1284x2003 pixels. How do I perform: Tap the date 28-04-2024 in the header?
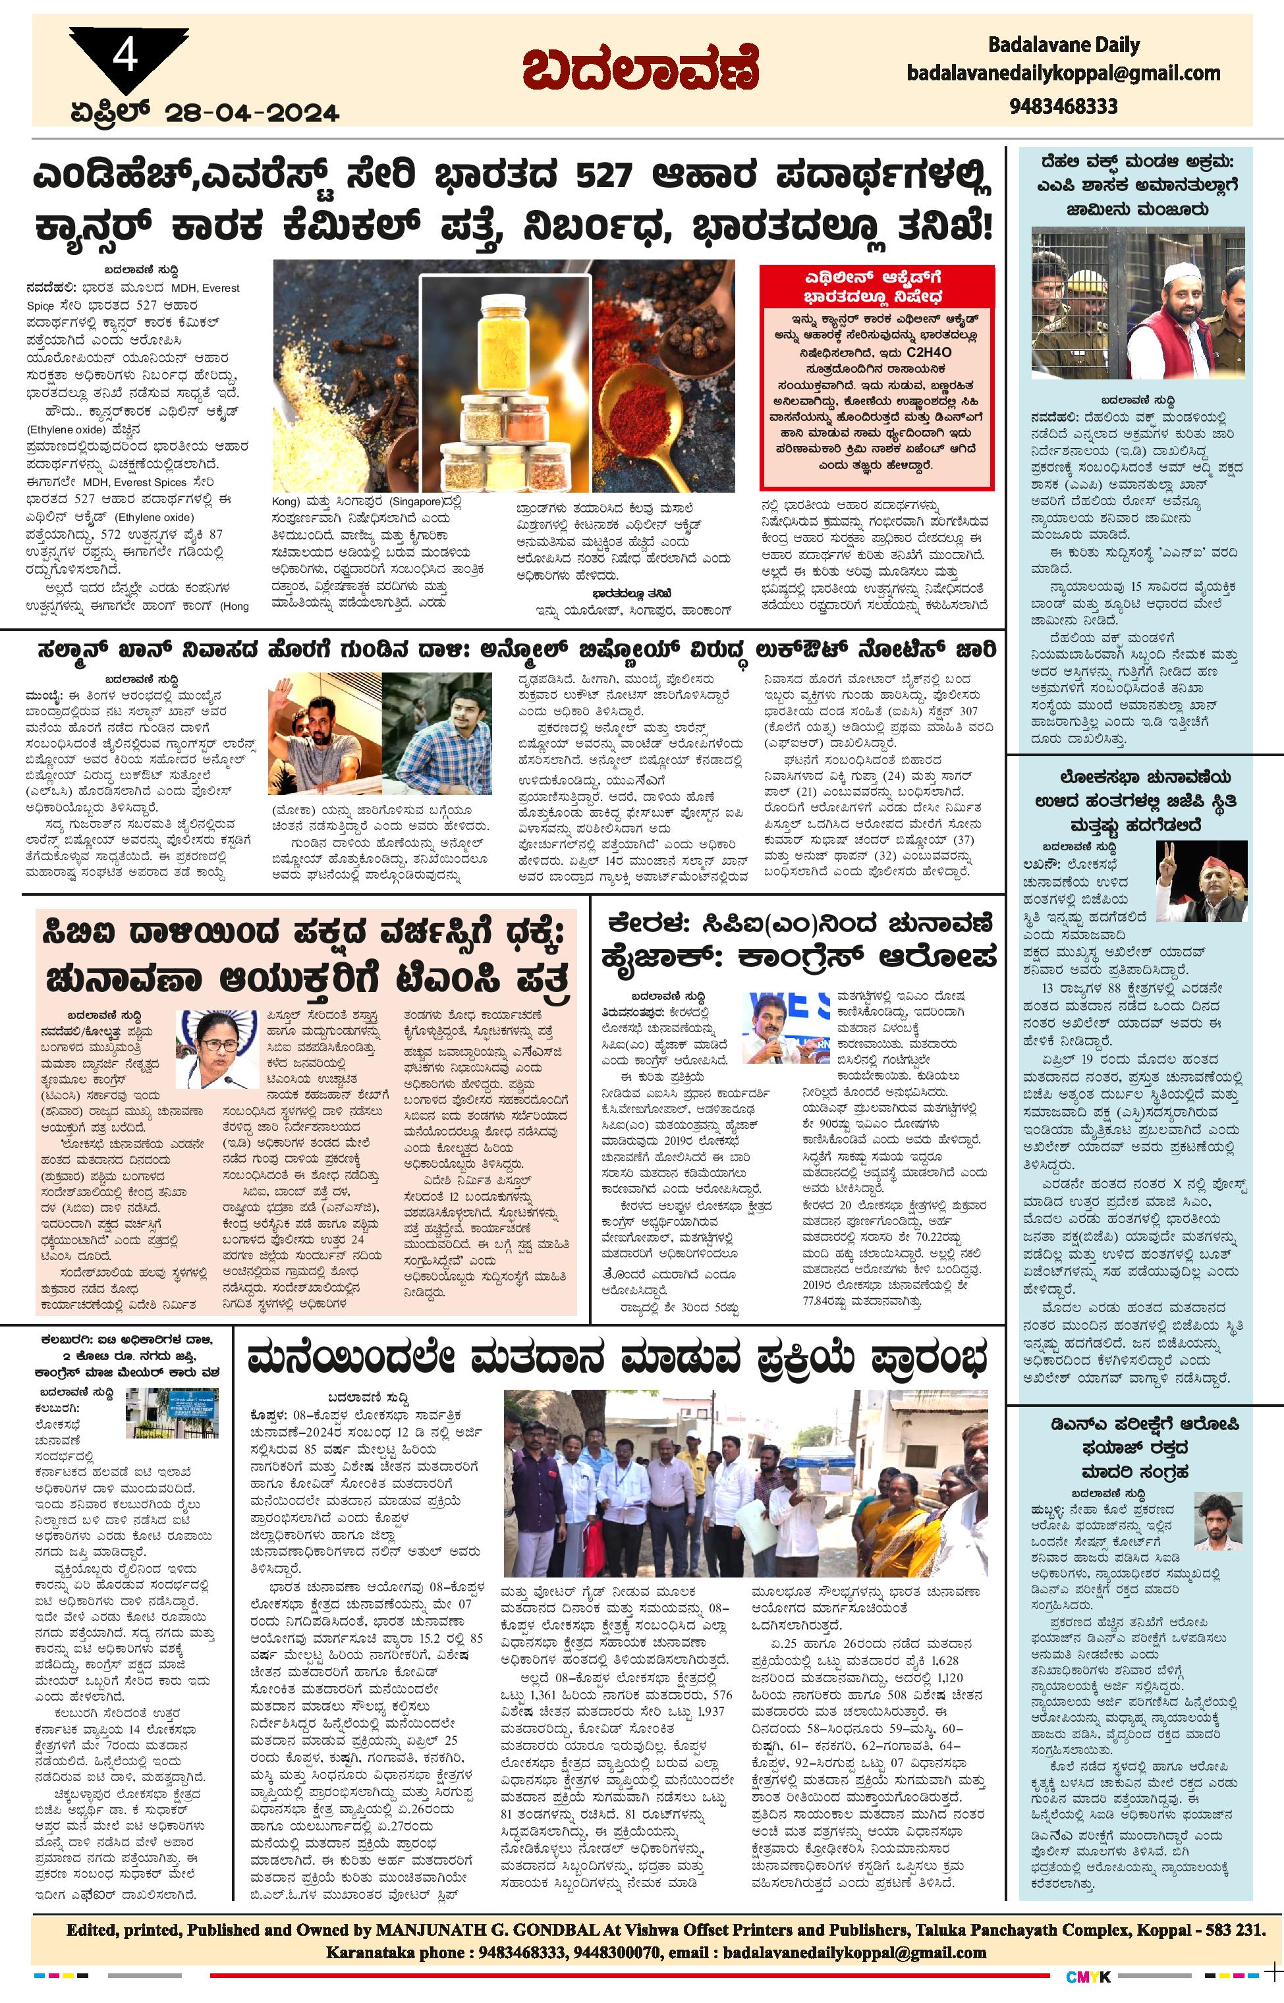click(252, 113)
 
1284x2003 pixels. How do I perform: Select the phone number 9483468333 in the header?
click(1063, 107)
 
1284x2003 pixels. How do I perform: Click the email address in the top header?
click(1063, 73)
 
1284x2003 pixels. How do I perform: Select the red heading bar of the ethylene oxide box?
click(876, 286)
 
